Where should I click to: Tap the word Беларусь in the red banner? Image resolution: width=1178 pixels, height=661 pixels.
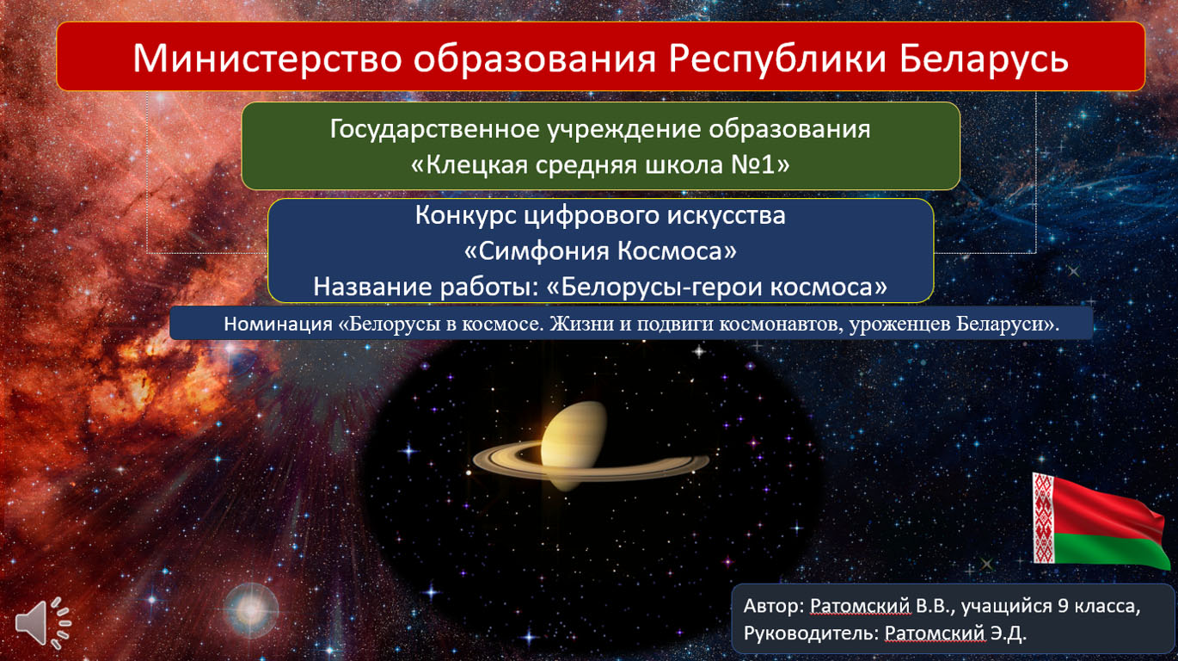[984, 58]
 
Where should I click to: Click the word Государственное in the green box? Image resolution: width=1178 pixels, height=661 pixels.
[435, 130]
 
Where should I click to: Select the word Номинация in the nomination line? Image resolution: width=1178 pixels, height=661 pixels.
[278, 324]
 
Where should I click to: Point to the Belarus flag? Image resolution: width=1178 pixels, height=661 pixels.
[1100, 520]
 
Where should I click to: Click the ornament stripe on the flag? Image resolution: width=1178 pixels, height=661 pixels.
[1043, 518]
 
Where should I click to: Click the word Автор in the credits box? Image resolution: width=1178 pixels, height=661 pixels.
[771, 607]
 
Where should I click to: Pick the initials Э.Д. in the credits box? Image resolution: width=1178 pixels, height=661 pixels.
[1008, 633]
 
